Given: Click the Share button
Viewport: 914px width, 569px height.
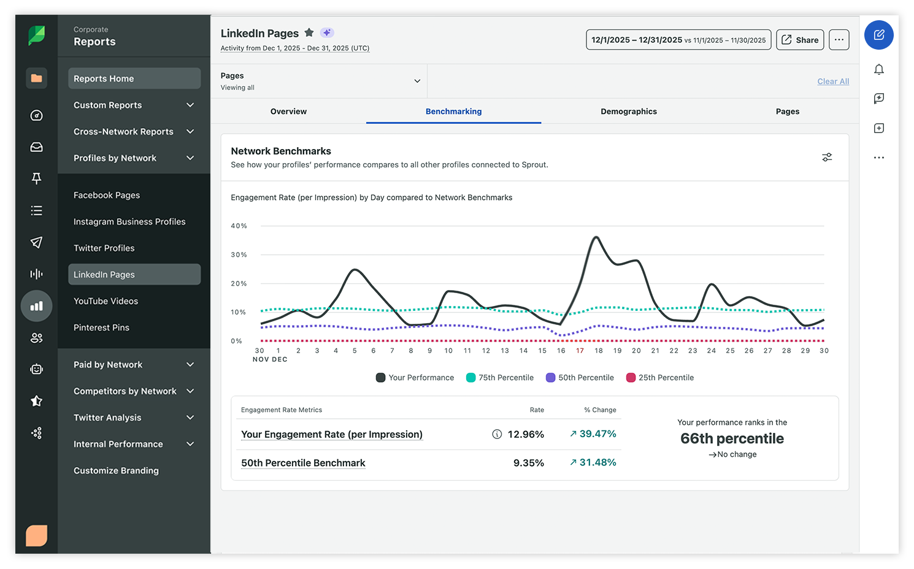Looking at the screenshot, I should click(x=800, y=40).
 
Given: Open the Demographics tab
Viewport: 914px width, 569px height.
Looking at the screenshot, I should click(x=628, y=112).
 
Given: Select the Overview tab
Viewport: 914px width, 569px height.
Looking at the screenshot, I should click(x=288, y=112).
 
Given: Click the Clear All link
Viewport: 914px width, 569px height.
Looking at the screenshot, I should click(x=832, y=82).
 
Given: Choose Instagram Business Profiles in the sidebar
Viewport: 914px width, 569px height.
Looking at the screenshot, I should click(x=129, y=222).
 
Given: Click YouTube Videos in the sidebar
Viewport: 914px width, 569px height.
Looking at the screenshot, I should click(x=106, y=301).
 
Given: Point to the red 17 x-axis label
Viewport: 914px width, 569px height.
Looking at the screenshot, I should click(x=580, y=351).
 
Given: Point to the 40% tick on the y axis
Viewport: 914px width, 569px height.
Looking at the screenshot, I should click(x=239, y=226).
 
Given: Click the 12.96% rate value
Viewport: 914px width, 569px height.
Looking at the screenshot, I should click(x=526, y=434).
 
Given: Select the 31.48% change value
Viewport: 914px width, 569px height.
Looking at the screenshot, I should click(x=597, y=462).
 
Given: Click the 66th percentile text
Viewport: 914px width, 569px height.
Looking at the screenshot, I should click(x=732, y=438).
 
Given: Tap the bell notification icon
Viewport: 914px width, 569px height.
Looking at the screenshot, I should click(x=878, y=69).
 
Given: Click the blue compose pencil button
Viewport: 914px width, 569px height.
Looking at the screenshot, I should click(x=878, y=35).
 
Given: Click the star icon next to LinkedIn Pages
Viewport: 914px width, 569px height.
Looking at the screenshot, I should click(x=309, y=32).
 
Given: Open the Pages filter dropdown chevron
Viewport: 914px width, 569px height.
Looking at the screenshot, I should click(x=417, y=81).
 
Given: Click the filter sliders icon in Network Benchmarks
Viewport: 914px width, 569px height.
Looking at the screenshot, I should click(x=827, y=158).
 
